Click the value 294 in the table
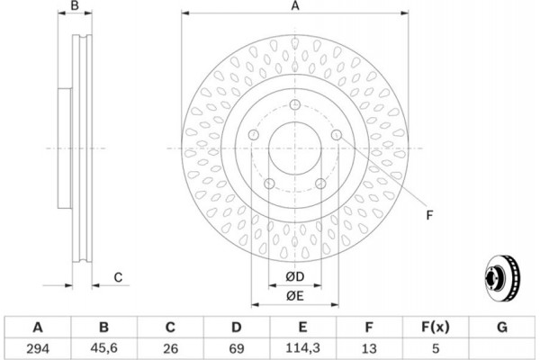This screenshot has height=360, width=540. coord(38,348)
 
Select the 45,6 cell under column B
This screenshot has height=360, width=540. coord(103,348)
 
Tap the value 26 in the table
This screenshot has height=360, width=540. coord(170,348)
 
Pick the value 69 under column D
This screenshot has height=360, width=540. coord(237,348)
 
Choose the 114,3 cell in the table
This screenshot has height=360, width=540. coord(302,348)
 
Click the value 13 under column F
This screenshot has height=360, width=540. coord(369,348)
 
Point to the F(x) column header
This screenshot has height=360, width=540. coord(436,327)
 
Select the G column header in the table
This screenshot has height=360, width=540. coord(502,327)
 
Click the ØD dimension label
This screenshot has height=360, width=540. coord(295,276)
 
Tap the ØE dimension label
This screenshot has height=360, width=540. coord(295,296)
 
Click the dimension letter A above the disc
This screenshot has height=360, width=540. coord(295,6)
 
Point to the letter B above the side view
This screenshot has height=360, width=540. coord(75,6)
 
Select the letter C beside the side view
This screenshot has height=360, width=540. coord(118,277)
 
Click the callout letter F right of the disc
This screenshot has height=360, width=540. coord(429,215)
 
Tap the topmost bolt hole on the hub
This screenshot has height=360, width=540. coord(295,104)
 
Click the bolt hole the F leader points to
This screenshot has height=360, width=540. coord(337,135)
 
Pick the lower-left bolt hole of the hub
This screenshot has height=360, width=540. coord(269,184)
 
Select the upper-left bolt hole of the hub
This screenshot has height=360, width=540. coord(254,135)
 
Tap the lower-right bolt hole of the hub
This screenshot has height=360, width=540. coord(320,184)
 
